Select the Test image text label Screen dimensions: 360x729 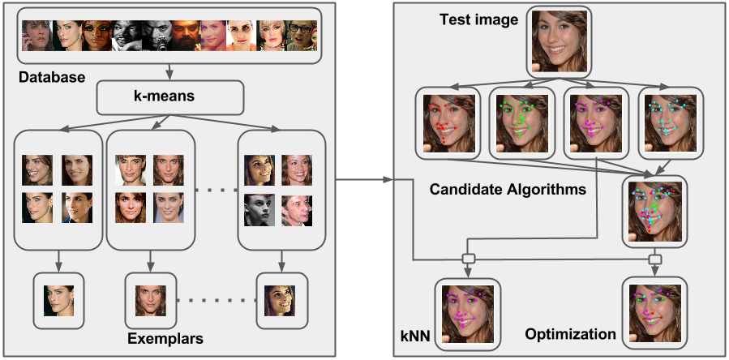(x=478, y=19)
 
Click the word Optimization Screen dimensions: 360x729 (x=570, y=334)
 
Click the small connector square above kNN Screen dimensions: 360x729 (x=468, y=259)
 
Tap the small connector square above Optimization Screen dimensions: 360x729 (x=654, y=259)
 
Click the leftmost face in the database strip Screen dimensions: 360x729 (x=36, y=36)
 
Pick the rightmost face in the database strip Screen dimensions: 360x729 (x=302, y=36)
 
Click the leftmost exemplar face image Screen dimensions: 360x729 (x=58, y=301)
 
